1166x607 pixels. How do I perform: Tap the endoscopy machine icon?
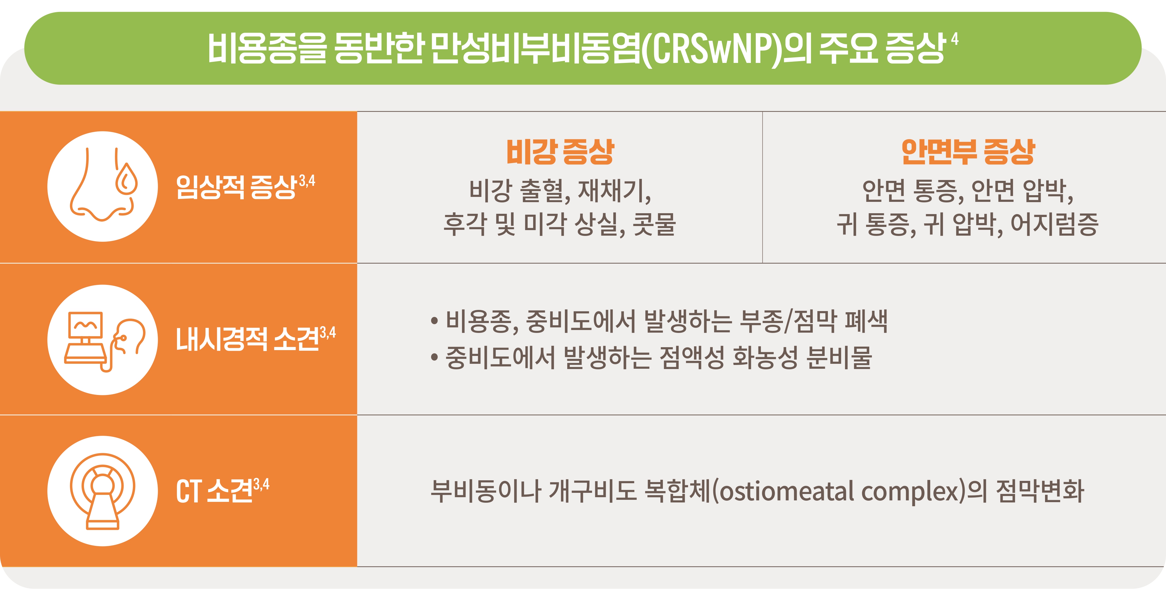pyautogui.click(x=104, y=340)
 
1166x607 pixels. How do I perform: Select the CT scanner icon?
pyautogui.click(x=103, y=491)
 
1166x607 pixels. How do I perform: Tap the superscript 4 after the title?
pyautogui.click(x=955, y=39)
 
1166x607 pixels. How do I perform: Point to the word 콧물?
pyautogui.click(x=654, y=224)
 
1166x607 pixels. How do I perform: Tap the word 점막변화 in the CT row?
pyautogui.click(x=1040, y=491)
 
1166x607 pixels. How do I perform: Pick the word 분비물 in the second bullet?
pyautogui.click(x=840, y=358)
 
